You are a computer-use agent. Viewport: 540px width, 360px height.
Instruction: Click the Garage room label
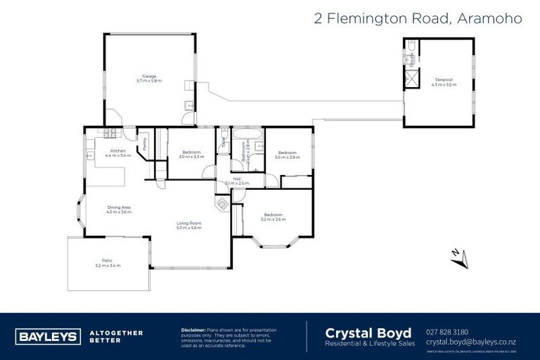point(149,78)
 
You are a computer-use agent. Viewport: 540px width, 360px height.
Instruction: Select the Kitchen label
point(118,153)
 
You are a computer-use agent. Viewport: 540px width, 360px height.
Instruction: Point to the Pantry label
point(144,144)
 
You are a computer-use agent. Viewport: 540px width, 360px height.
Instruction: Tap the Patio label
point(108,263)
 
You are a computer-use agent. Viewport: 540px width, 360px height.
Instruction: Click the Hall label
point(227,181)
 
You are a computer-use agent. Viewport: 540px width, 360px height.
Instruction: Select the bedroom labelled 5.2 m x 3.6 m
point(273,217)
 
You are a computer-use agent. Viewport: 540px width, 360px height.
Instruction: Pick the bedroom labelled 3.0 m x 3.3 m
point(192,155)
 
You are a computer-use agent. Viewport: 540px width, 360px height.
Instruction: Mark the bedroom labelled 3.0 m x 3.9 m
point(287,155)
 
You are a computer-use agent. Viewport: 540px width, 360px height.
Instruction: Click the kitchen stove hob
point(109,133)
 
